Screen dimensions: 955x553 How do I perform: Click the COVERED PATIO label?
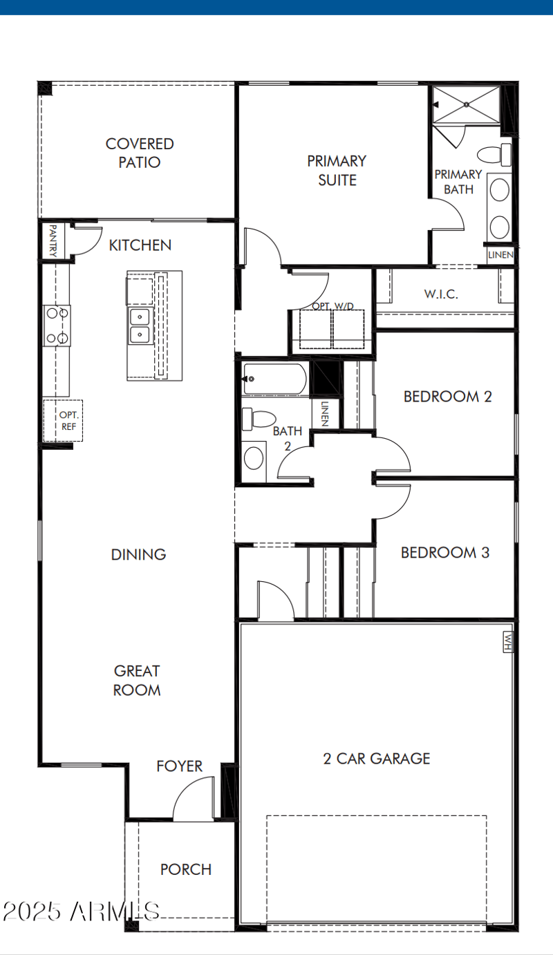point(140,153)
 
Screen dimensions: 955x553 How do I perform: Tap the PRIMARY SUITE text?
point(337,171)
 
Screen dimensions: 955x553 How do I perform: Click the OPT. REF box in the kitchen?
point(64,420)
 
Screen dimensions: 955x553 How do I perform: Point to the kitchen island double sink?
point(140,325)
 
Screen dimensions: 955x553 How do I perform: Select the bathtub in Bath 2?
point(274,379)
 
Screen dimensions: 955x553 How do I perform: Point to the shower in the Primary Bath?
point(466,104)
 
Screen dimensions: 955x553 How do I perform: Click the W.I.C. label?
point(441,294)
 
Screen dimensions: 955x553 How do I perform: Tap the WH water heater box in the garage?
point(509,642)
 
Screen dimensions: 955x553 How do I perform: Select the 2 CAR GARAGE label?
point(377,758)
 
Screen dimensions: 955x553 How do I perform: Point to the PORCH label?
point(186,869)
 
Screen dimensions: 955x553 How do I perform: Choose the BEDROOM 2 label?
point(447,397)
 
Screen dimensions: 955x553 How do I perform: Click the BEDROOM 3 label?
point(445,553)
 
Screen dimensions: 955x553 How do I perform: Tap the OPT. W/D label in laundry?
point(331,305)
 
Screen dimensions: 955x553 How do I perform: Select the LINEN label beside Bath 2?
point(325,414)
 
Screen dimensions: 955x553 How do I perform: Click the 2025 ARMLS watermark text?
point(82,911)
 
